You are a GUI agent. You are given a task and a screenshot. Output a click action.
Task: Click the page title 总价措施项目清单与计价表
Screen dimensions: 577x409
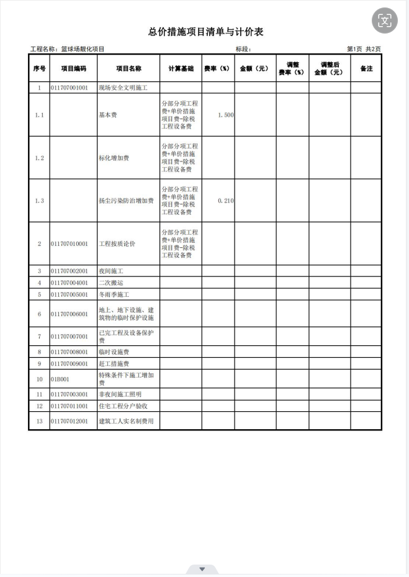click(x=205, y=32)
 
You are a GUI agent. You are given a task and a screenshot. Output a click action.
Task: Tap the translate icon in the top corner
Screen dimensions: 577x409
click(x=384, y=21)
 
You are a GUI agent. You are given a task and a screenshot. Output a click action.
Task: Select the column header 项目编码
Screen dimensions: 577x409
click(x=73, y=68)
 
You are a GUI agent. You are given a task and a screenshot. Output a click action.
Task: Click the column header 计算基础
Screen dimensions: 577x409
click(x=181, y=68)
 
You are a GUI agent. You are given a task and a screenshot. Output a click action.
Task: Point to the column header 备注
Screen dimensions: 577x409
click(x=366, y=68)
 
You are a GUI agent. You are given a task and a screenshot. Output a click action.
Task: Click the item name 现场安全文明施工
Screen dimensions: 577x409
click(x=122, y=88)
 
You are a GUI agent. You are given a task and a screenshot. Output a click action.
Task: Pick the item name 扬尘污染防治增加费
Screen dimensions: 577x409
click(x=126, y=201)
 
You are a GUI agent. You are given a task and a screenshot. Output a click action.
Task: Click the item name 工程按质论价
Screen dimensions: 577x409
click(x=118, y=244)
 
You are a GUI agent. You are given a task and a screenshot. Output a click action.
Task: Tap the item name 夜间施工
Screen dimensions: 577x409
click(x=112, y=271)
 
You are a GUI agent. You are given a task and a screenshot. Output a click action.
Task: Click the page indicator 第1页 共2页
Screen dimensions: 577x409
click(x=364, y=49)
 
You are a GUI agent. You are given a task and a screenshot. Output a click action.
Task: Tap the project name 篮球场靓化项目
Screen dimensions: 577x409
click(x=83, y=49)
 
